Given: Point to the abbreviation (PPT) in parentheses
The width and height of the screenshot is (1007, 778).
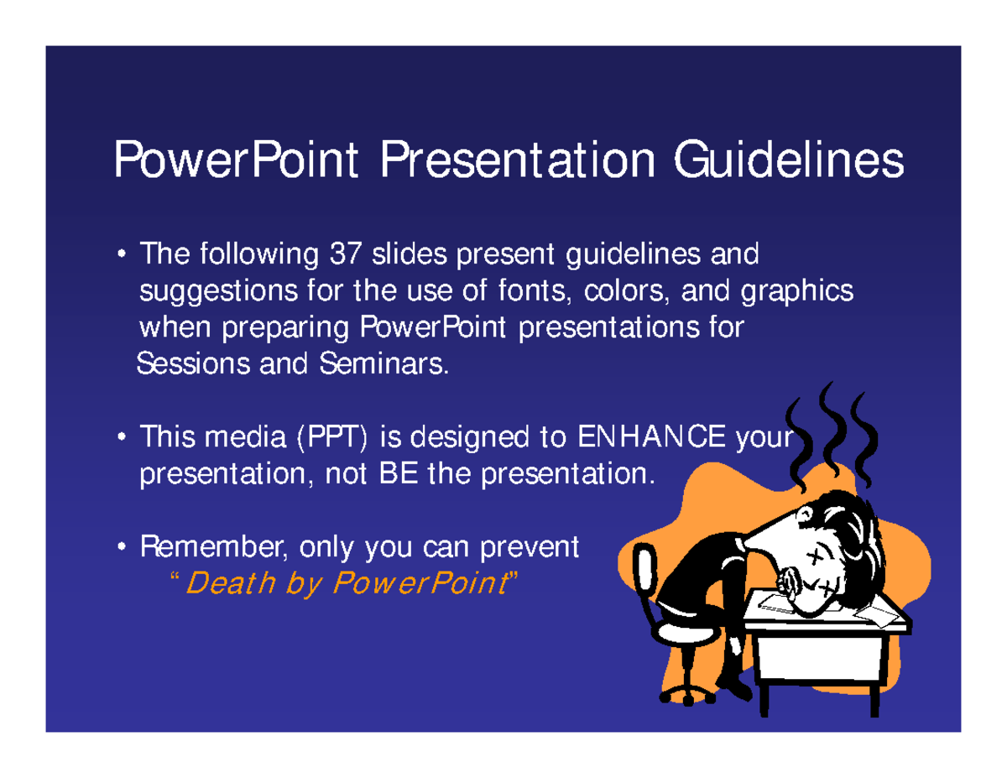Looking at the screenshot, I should tap(333, 438).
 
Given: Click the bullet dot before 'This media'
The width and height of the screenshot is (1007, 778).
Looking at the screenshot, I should tap(123, 438).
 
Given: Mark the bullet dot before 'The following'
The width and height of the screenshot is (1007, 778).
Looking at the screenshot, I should tap(123, 253).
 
